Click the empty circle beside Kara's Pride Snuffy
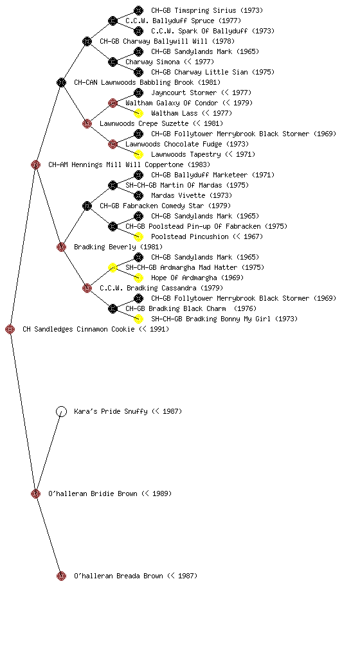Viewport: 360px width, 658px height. coord(61,411)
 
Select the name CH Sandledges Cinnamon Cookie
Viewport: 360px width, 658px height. coord(79,329)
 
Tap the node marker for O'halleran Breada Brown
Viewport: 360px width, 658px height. coord(61,576)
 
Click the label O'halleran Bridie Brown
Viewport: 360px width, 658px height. coord(93,493)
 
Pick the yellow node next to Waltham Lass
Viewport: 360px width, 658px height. coord(138,113)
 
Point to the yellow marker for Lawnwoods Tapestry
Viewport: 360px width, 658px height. coord(138,154)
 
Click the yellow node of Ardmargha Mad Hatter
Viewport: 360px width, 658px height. coord(113,267)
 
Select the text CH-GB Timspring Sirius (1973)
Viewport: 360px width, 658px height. coord(207,10)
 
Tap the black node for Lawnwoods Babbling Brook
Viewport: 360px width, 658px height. coord(61,82)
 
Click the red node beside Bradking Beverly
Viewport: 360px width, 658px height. coord(61,247)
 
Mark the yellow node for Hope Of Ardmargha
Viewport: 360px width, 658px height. coord(138,278)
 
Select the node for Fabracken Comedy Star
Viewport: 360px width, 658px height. coord(87,206)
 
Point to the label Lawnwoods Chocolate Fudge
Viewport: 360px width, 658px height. coord(174,144)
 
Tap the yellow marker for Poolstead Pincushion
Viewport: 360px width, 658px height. coord(138,236)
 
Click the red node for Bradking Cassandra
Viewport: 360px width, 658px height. coord(87,288)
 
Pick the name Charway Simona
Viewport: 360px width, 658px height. coord(152,62)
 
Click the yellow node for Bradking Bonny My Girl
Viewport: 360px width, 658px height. coord(138,319)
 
